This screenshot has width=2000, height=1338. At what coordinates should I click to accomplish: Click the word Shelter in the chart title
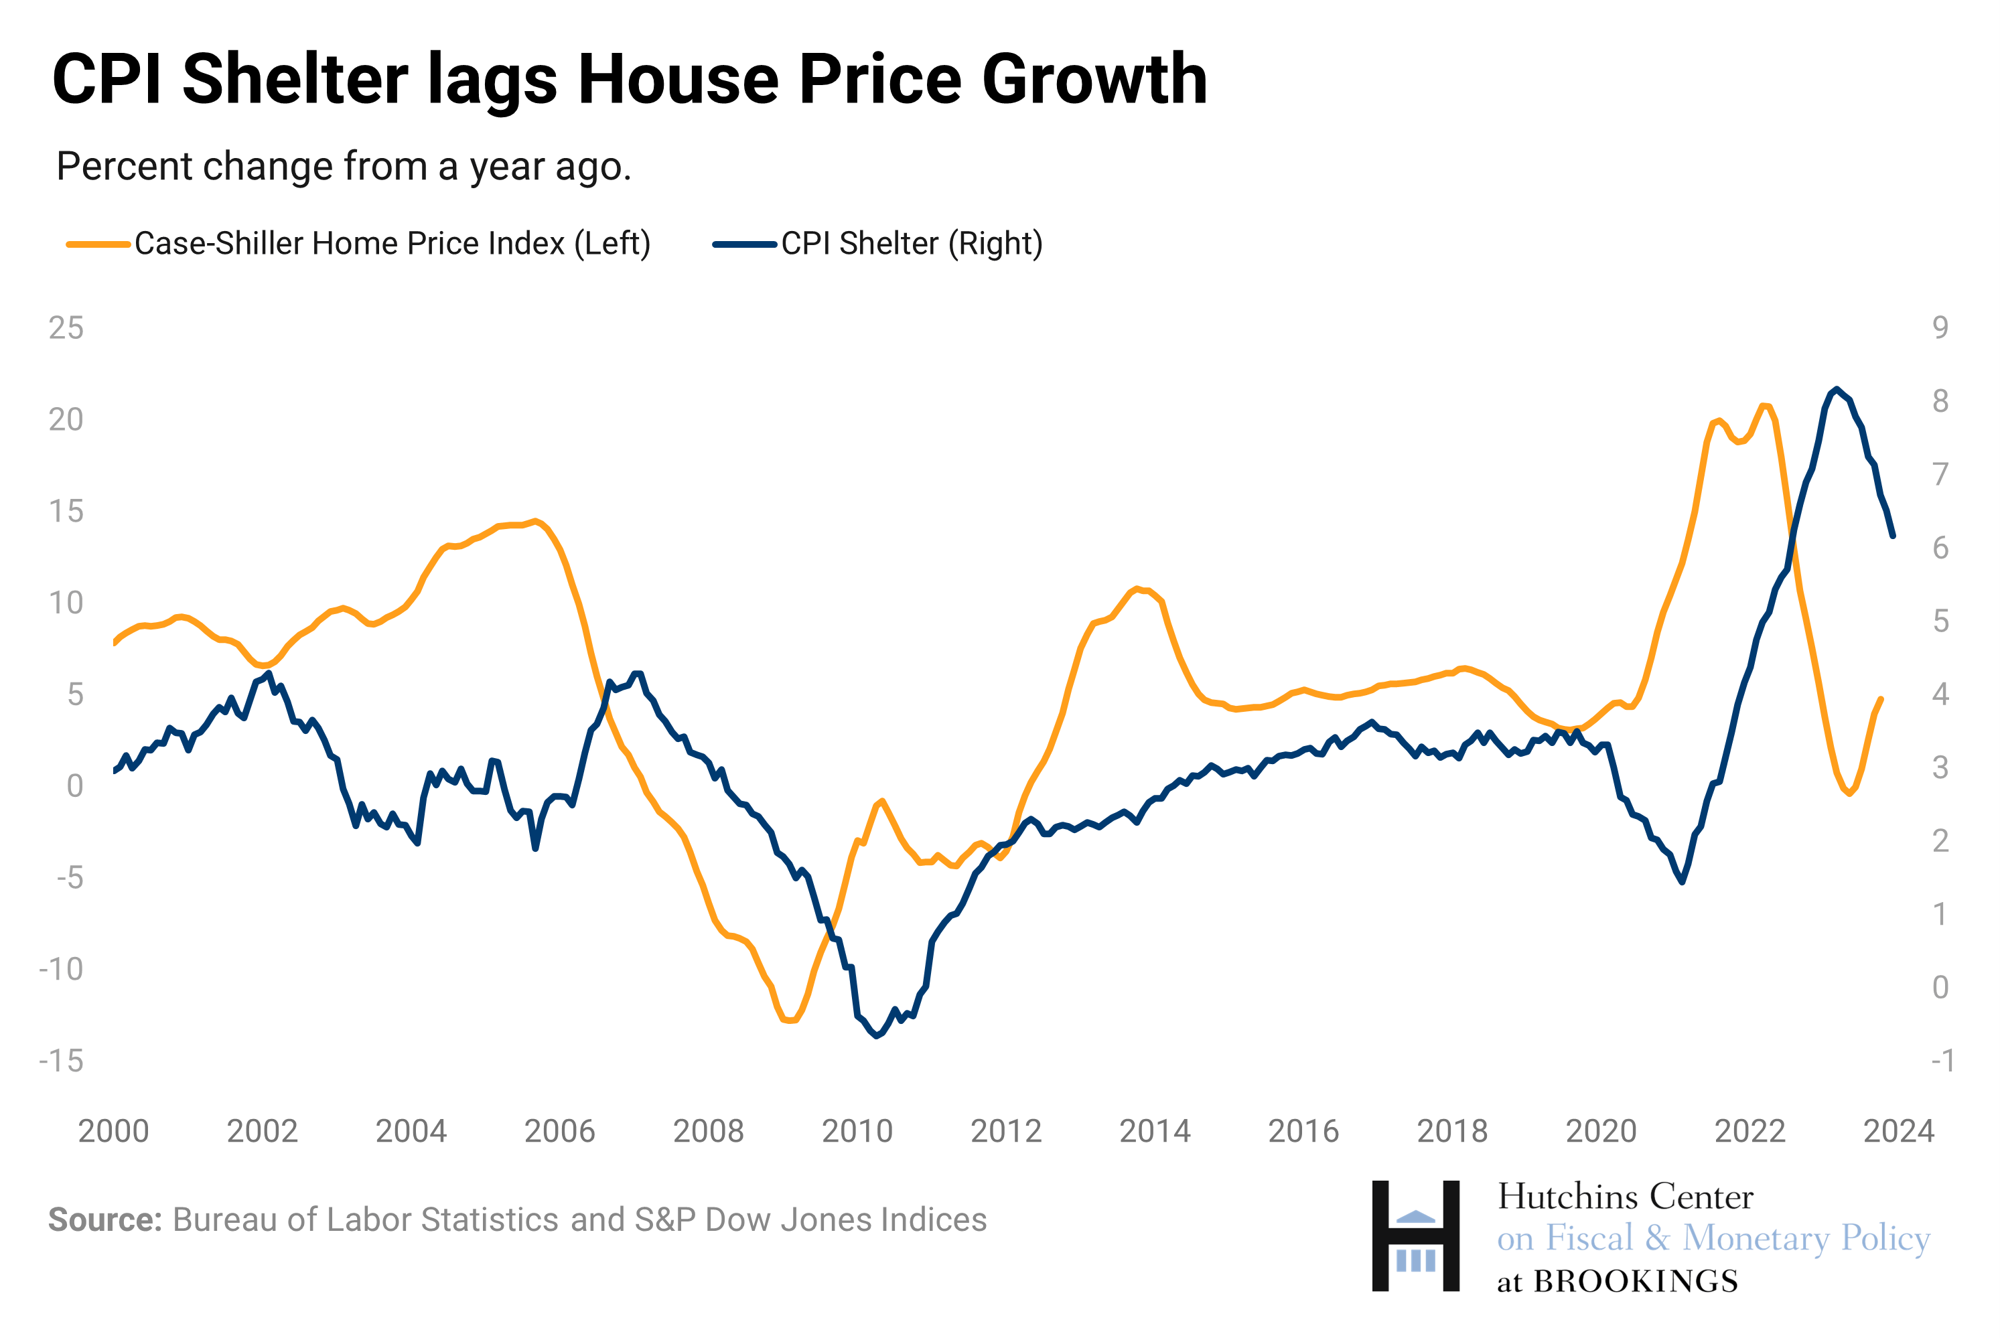point(294,80)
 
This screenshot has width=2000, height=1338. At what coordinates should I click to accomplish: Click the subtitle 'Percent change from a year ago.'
point(343,166)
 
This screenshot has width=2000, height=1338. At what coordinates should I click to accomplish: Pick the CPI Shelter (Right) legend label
point(912,244)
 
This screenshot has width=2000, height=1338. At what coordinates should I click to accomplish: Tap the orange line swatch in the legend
point(98,245)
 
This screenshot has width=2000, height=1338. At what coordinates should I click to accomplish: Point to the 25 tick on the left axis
point(66,327)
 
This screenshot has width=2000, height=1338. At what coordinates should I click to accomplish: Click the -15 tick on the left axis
point(62,1061)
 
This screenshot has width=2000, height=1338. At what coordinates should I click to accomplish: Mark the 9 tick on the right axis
point(1940,327)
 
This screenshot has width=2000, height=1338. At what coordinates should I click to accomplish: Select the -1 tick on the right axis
point(1941,1061)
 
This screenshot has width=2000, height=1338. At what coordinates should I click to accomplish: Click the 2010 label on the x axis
point(857,1132)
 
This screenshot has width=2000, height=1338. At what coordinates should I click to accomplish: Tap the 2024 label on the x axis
point(1898,1132)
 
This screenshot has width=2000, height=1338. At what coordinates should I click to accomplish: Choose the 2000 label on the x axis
point(113,1132)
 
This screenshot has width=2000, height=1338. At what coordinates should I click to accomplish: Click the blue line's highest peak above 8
point(1836,389)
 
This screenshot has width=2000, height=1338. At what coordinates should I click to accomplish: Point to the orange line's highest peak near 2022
point(1764,406)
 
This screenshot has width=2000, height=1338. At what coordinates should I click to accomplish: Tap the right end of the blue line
point(1892,536)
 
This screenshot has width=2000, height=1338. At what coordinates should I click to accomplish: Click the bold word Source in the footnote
point(104,1220)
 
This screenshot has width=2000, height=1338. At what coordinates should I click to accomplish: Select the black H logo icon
point(1415,1236)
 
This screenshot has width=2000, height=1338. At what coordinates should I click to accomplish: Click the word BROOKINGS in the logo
point(1635,1282)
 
